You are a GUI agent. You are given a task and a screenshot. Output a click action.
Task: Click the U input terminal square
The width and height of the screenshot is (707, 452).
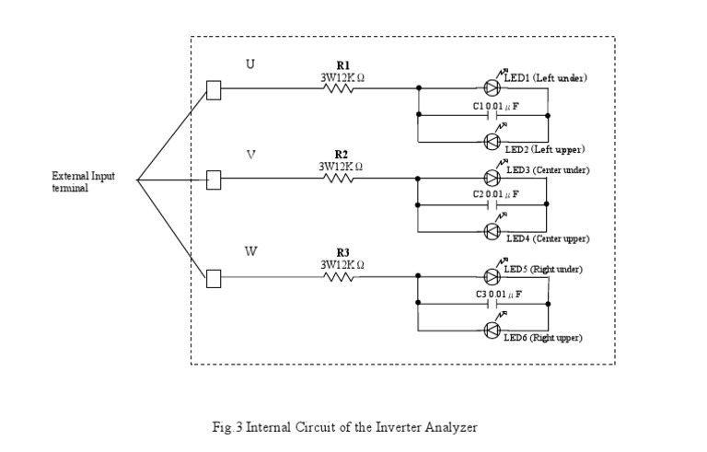pyautogui.click(x=214, y=89)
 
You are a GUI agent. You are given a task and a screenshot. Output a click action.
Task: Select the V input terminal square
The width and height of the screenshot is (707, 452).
pyautogui.click(x=214, y=179)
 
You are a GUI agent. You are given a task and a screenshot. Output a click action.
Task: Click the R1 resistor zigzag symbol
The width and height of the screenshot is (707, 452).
pyautogui.click(x=341, y=89)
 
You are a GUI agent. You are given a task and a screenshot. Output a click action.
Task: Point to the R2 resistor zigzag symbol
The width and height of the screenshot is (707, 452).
pyautogui.click(x=341, y=179)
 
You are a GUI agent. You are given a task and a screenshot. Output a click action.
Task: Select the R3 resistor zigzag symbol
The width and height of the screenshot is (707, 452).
pyautogui.click(x=341, y=276)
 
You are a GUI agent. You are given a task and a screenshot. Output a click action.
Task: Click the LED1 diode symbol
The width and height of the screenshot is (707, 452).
pyautogui.click(x=493, y=88)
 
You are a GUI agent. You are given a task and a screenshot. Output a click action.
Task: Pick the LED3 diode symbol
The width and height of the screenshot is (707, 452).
pyautogui.click(x=493, y=178)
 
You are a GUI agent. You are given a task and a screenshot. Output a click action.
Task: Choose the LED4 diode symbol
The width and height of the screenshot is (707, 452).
pyautogui.click(x=493, y=231)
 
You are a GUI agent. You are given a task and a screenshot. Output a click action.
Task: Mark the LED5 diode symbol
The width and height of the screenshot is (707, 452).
pyautogui.click(x=493, y=276)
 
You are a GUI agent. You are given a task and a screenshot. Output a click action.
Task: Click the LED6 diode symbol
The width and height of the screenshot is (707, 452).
pyautogui.click(x=493, y=330)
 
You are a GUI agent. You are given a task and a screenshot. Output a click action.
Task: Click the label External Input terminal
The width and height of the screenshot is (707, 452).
pyautogui.click(x=83, y=181)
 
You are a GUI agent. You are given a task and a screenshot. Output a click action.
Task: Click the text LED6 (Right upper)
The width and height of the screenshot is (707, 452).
pyautogui.click(x=542, y=338)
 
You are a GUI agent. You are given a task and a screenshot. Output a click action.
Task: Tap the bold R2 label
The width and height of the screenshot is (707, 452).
pyautogui.click(x=342, y=154)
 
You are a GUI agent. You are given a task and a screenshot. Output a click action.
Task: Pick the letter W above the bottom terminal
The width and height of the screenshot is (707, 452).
pyautogui.click(x=250, y=250)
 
